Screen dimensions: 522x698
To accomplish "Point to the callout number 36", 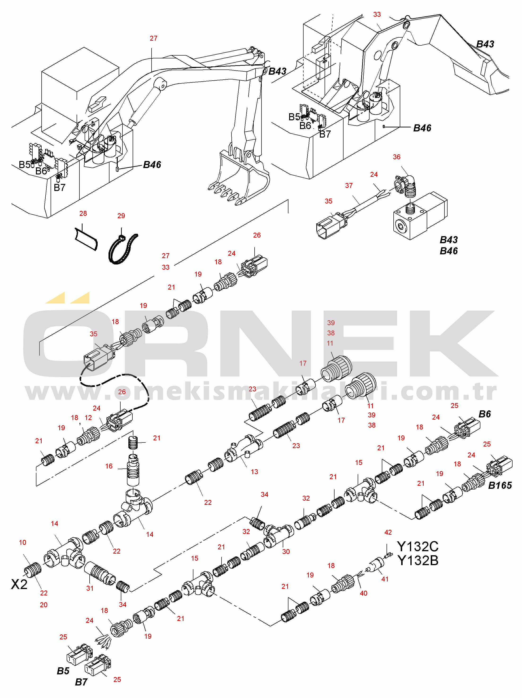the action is [x=396, y=157].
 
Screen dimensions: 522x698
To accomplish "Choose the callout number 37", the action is [x=349, y=186].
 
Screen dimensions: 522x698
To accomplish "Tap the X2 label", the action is [x=19, y=584].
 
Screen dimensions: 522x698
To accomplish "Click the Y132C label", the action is [x=418, y=546].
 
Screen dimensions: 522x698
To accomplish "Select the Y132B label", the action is [x=418, y=561].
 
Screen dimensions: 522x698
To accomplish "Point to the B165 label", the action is [x=500, y=485].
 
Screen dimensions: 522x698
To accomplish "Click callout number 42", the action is [x=388, y=532].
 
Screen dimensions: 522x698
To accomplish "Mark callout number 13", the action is [x=254, y=472].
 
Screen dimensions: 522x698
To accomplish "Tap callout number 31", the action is [x=90, y=588].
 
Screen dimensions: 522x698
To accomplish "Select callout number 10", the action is [x=22, y=542].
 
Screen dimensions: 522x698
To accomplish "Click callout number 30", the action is [x=286, y=552].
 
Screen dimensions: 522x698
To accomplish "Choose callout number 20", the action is [x=43, y=605].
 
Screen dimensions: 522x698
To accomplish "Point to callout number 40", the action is [x=364, y=593].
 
